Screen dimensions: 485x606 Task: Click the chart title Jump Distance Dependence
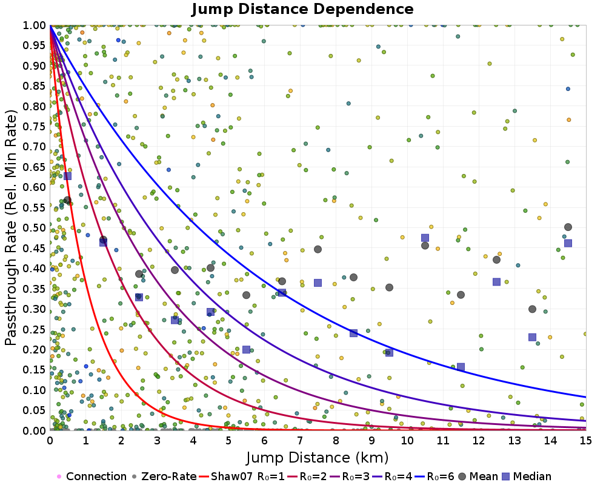(x=302, y=10)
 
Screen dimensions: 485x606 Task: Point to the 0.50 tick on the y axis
(x=35, y=227)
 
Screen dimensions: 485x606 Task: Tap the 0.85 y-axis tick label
(x=35, y=85)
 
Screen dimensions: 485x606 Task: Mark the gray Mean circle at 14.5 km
(x=568, y=227)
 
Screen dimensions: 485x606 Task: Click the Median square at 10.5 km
(x=425, y=238)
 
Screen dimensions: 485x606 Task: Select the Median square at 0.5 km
(x=67, y=176)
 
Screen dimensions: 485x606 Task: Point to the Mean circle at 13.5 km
(x=532, y=309)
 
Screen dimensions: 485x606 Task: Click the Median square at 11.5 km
(x=461, y=367)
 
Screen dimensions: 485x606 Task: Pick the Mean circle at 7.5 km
(x=318, y=249)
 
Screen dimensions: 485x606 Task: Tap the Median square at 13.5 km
(x=532, y=337)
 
